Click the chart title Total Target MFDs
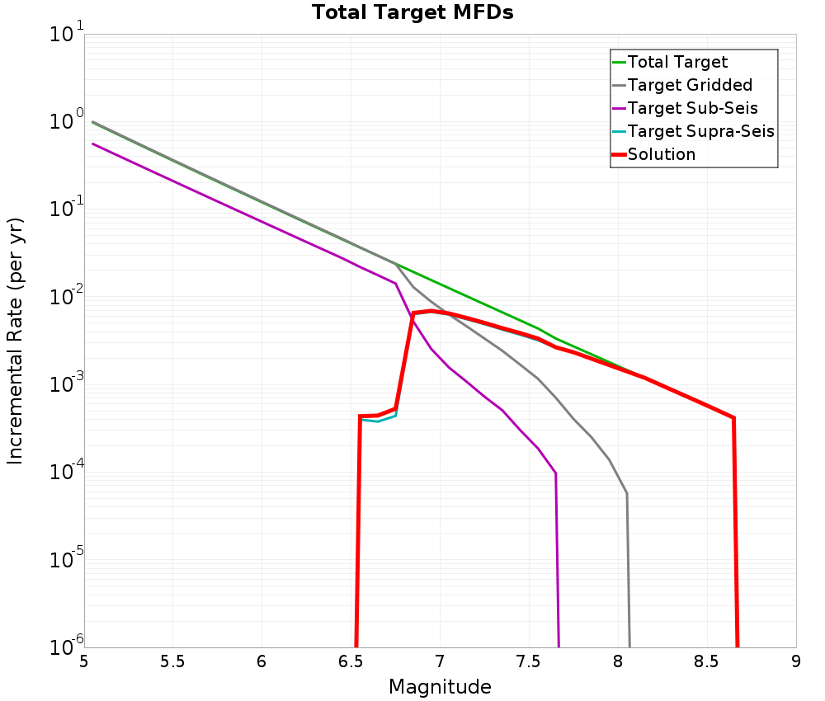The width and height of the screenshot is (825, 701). [x=412, y=13]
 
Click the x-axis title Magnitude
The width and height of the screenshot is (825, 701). [x=440, y=687]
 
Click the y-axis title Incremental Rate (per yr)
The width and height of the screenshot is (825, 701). [x=16, y=341]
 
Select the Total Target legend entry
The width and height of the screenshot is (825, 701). [x=677, y=62]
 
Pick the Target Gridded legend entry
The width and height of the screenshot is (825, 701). [x=690, y=85]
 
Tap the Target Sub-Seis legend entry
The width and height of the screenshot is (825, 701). [x=692, y=108]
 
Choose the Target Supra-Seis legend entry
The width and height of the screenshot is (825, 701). [x=700, y=131]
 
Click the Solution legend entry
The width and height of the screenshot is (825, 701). [x=662, y=154]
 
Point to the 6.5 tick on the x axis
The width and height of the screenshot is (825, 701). [x=351, y=661]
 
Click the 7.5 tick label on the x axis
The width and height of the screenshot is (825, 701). [x=529, y=661]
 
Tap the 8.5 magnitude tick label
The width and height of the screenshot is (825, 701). [x=707, y=661]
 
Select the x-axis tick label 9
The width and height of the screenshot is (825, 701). [x=796, y=661]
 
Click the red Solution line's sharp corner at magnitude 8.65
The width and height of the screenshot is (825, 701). [x=733, y=418]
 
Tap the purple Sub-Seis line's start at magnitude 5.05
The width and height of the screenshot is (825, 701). [x=93, y=143]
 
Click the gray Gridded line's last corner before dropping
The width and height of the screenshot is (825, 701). [x=627, y=493]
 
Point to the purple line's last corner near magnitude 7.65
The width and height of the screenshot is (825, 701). [x=556, y=473]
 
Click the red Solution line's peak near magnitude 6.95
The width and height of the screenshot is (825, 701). [x=431, y=311]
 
